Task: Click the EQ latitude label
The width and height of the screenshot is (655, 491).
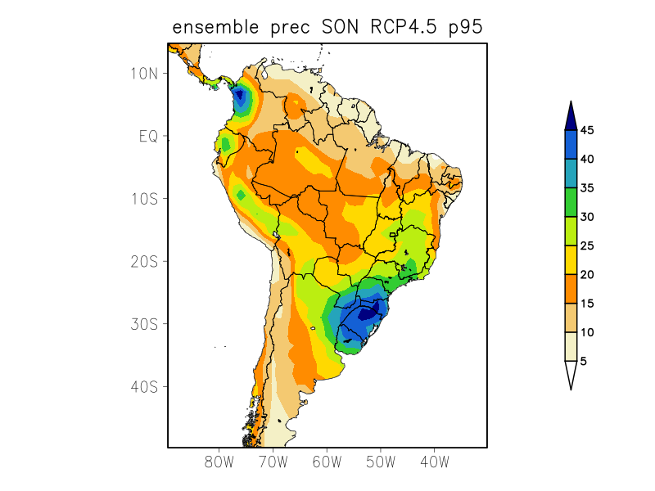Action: (x=148, y=136)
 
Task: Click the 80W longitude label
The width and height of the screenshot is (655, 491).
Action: (x=219, y=462)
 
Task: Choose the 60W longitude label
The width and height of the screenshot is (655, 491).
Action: (x=327, y=462)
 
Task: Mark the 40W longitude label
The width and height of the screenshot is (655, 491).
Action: (x=434, y=462)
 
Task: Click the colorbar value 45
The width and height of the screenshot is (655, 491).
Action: (x=586, y=130)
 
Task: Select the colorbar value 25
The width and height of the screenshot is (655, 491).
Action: (x=586, y=245)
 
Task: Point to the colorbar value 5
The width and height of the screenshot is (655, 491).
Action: (x=583, y=361)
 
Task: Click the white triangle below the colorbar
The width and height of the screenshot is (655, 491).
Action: (x=571, y=374)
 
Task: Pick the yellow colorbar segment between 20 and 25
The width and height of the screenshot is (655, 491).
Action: (x=571, y=259)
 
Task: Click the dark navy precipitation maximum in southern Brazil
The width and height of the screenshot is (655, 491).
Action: (x=368, y=312)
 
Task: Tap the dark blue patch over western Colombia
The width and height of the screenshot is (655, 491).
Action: (x=240, y=98)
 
